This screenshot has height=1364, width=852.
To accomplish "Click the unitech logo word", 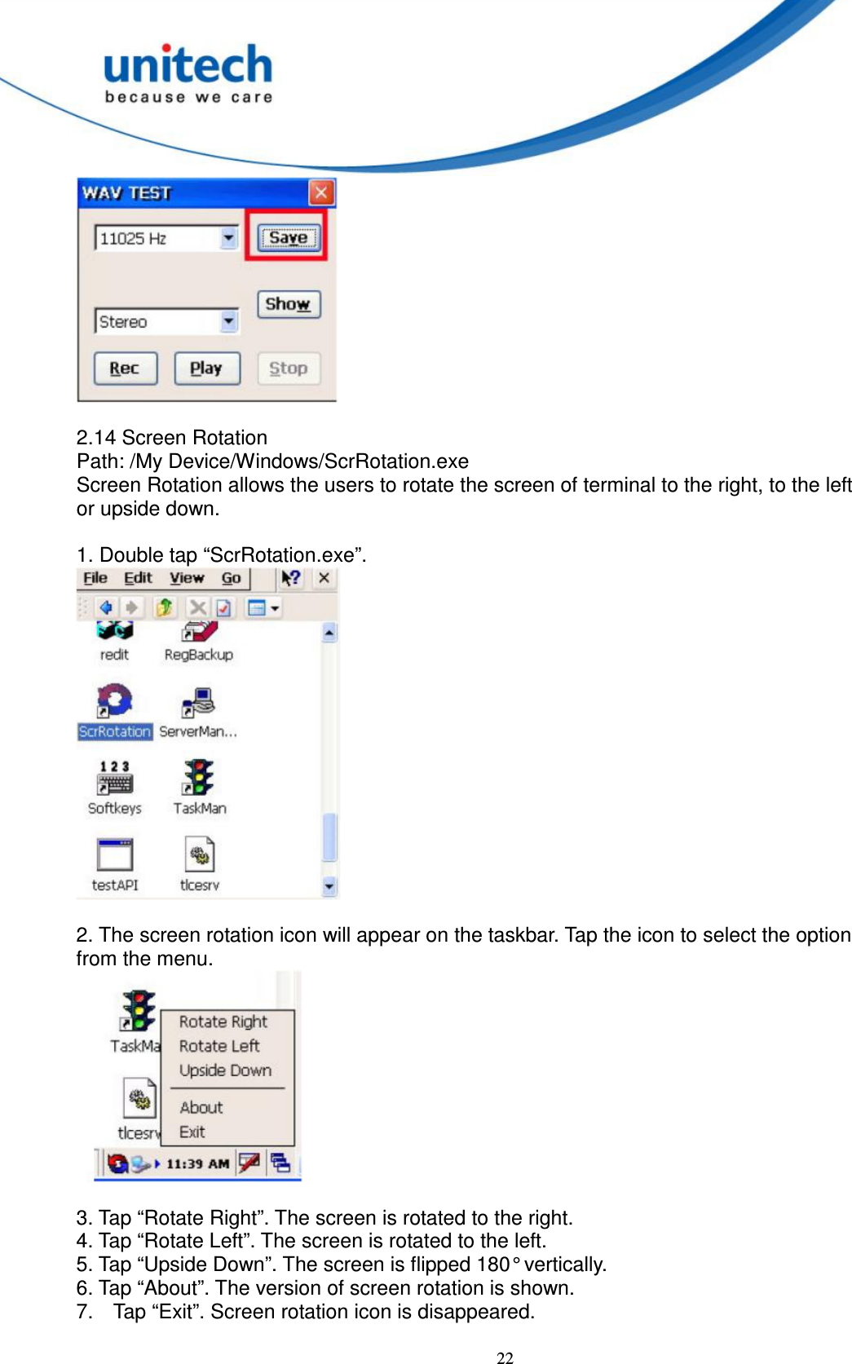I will [188, 65].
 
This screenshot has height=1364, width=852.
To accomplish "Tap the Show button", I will [289, 304].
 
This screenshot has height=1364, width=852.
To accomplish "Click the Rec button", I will [125, 369].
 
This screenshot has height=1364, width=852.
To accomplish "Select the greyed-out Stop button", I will [289, 369].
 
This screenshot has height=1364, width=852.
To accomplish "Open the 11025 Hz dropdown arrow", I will [229, 238].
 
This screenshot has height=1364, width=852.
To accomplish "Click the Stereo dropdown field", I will [158, 321].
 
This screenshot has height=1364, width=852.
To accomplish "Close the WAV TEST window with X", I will [321, 193].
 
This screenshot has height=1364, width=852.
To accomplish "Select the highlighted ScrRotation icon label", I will [115, 731].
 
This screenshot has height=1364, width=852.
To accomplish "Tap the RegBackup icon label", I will [199, 655].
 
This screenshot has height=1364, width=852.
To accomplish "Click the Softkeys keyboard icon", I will [115, 778].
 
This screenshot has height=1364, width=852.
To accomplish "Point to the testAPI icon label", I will [115, 885].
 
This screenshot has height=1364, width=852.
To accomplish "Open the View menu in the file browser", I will [187, 578].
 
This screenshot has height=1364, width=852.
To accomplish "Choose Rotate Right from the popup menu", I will [223, 1022].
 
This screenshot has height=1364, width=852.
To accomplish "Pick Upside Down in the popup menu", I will [225, 1070].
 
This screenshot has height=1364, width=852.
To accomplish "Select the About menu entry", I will [201, 1107].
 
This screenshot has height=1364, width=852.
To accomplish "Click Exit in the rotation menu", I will [192, 1132].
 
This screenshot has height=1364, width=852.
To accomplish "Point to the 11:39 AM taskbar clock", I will [197, 1163].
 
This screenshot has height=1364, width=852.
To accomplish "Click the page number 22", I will [505, 1357].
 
